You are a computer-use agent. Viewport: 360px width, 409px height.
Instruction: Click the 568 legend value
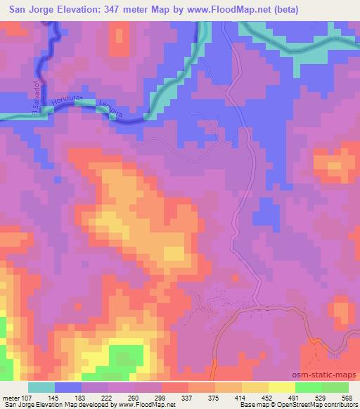pos(347,397)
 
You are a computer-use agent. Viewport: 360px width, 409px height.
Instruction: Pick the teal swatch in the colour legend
pos(41,387)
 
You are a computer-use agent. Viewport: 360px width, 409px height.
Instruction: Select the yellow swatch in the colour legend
pos(282,387)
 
